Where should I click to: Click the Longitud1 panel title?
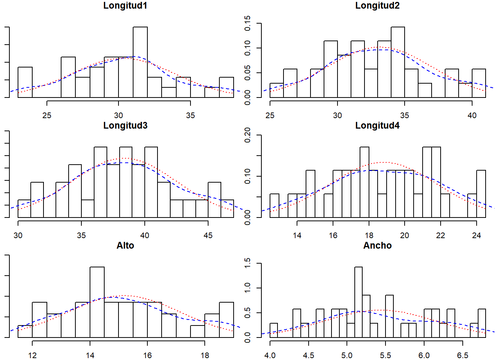tap(125, 6)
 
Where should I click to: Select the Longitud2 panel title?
tap(377, 6)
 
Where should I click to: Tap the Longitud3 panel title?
tap(125, 126)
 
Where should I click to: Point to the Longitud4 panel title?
tap(377, 126)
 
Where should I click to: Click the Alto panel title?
tap(125, 246)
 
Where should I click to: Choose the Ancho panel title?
tap(377, 246)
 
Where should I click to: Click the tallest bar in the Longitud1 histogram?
tap(140, 62)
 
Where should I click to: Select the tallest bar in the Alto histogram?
tap(97, 302)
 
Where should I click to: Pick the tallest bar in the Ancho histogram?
tap(358, 302)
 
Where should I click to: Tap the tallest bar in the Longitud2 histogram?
tap(397, 62)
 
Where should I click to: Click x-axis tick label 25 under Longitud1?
tap(47, 115)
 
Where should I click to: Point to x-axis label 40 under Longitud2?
tap(472, 115)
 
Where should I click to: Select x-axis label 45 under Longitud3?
tap(208, 235)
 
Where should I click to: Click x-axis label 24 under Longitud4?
tap(476, 235)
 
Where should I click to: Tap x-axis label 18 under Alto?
tap(205, 355)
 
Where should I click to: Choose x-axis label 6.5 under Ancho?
tap(462, 355)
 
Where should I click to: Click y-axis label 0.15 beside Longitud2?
tap(247, 23)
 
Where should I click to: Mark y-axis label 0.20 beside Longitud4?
tap(247, 135)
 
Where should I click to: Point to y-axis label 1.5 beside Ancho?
tap(247, 263)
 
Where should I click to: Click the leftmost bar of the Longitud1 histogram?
tap(25, 82)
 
